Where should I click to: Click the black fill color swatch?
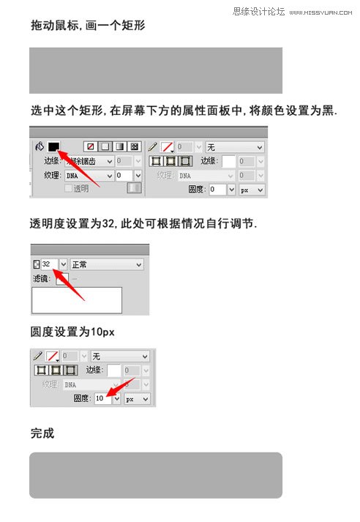(x=53, y=146)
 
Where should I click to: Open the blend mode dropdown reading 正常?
(x=106, y=264)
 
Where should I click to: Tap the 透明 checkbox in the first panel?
(x=70, y=189)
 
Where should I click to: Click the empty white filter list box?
(x=77, y=300)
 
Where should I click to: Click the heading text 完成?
(x=42, y=433)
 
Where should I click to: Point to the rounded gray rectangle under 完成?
(x=156, y=475)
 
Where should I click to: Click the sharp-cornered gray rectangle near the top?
(x=156, y=70)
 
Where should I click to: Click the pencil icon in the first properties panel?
(x=153, y=146)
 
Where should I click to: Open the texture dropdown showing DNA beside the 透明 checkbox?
(x=90, y=176)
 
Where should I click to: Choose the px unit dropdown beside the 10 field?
(x=137, y=399)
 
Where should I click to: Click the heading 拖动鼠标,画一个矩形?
(x=88, y=26)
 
